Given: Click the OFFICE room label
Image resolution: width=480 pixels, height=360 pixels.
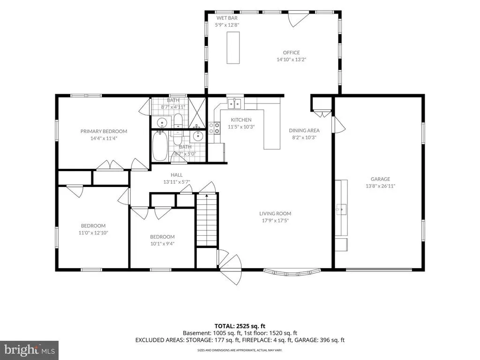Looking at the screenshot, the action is (x=291, y=52).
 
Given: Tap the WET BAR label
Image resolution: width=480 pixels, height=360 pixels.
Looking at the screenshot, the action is (x=227, y=18).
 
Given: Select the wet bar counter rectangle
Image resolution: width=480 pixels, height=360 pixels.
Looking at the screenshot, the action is (x=233, y=47).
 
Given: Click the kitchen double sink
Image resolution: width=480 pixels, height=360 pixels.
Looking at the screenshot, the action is (x=234, y=104).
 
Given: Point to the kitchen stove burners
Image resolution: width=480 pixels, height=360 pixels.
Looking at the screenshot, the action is (x=214, y=128).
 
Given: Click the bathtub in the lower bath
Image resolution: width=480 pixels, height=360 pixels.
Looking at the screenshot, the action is (x=160, y=146).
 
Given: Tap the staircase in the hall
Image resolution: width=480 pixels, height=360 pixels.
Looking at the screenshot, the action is (x=207, y=220).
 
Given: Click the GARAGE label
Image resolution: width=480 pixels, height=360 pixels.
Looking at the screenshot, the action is (x=380, y=179).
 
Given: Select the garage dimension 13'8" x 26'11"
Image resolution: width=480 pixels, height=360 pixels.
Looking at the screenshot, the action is (x=380, y=186).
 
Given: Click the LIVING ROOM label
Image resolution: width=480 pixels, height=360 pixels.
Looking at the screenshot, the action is (x=275, y=214).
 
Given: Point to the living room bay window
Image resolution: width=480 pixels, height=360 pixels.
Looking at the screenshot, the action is (x=292, y=272).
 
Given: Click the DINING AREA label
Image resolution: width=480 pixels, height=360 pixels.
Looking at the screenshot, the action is (x=304, y=130).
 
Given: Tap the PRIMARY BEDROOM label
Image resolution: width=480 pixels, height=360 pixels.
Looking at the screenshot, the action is (x=104, y=131).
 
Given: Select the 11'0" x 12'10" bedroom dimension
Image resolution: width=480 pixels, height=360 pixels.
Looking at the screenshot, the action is (x=93, y=232).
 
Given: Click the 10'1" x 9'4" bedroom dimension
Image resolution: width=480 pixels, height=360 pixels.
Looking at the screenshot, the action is (x=162, y=244).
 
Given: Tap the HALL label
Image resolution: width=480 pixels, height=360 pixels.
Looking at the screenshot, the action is (x=177, y=175).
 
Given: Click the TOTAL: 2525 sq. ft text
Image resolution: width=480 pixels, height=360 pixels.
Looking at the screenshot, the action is (x=240, y=326).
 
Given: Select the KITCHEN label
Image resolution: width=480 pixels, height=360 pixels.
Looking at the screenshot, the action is (x=241, y=120).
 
